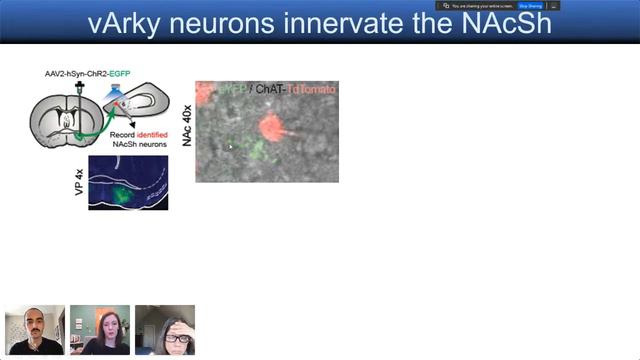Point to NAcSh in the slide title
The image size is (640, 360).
[510, 22]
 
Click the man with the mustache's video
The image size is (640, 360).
[35, 330]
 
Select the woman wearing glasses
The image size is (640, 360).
[165, 330]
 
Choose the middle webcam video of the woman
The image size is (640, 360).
[100, 330]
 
